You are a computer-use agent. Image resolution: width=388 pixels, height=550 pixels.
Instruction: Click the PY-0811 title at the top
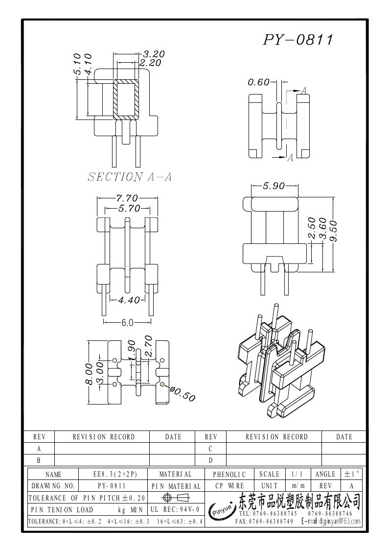click(298, 40)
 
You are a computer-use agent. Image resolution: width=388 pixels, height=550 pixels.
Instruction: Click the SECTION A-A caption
click(130, 177)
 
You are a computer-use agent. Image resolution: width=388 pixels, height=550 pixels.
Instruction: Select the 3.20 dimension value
click(154, 54)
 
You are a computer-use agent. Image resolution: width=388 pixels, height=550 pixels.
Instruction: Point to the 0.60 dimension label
click(259, 82)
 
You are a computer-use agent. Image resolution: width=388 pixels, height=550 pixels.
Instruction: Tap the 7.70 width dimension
click(127, 198)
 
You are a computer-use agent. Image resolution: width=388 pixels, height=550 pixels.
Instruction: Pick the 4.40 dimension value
click(129, 300)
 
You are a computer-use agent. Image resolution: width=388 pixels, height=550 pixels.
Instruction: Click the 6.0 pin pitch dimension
click(128, 323)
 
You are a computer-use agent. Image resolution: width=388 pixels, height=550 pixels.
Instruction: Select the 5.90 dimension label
click(274, 186)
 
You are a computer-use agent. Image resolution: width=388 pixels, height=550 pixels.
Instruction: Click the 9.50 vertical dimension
click(333, 231)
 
